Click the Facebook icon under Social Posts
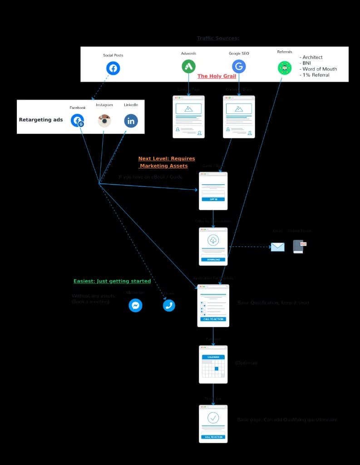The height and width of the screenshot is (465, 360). (x=113, y=69)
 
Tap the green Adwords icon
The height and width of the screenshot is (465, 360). (x=188, y=67)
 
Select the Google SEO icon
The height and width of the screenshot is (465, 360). (x=239, y=67)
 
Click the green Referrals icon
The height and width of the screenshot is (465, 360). (x=285, y=68)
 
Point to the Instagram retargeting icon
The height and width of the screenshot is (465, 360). (x=104, y=121)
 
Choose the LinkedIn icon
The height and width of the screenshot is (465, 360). (x=131, y=121)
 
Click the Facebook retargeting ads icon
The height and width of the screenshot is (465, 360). (x=77, y=121)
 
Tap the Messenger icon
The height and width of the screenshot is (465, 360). (x=135, y=306)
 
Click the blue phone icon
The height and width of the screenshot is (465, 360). (x=169, y=306)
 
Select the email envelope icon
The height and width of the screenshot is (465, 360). (x=277, y=247)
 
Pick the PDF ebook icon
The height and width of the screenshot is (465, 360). (x=299, y=246)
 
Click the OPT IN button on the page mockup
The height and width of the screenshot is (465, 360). (x=213, y=199)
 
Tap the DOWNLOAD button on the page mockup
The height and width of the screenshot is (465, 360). (x=213, y=260)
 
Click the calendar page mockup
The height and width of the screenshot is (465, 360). (x=213, y=365)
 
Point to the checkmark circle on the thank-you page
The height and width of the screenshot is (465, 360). (x=213, y=418)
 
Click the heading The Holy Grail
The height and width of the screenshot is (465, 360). (x=217, y=76)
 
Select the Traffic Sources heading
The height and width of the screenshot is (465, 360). (x=218, y=39)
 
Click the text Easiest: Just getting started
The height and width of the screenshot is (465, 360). (x=112, y=282)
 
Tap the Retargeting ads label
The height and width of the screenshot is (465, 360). (x=41, y=120)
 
